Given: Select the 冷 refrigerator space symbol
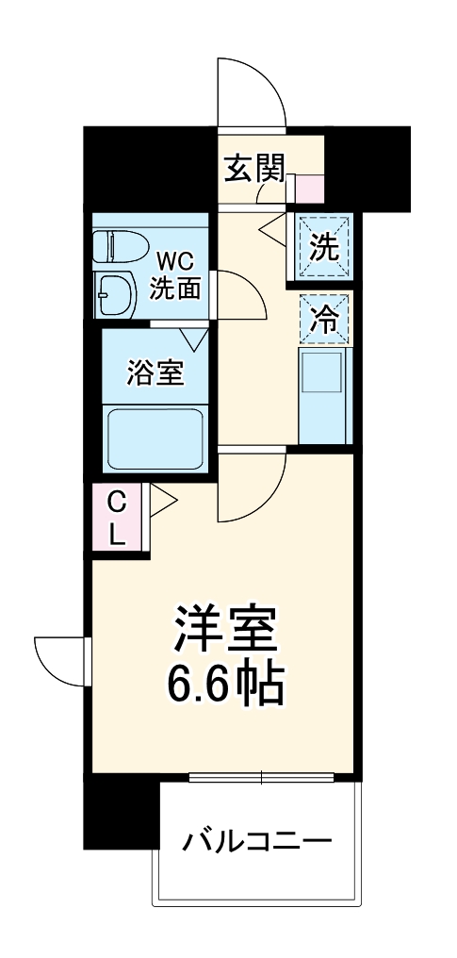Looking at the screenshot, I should (x=324, y=320).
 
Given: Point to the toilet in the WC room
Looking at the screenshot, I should (x=119, y=246).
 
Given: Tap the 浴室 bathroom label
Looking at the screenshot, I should (x=155, y=372).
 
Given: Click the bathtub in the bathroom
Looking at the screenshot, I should (x=155, y=438).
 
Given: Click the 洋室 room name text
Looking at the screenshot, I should (x=225, y=627).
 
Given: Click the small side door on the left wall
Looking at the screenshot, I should (x=58, y=663).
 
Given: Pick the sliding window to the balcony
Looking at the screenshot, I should (x=262, y=777).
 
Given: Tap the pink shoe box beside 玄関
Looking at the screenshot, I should (x=309, y=188).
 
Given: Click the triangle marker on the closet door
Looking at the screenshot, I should (x=162, y=500).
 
